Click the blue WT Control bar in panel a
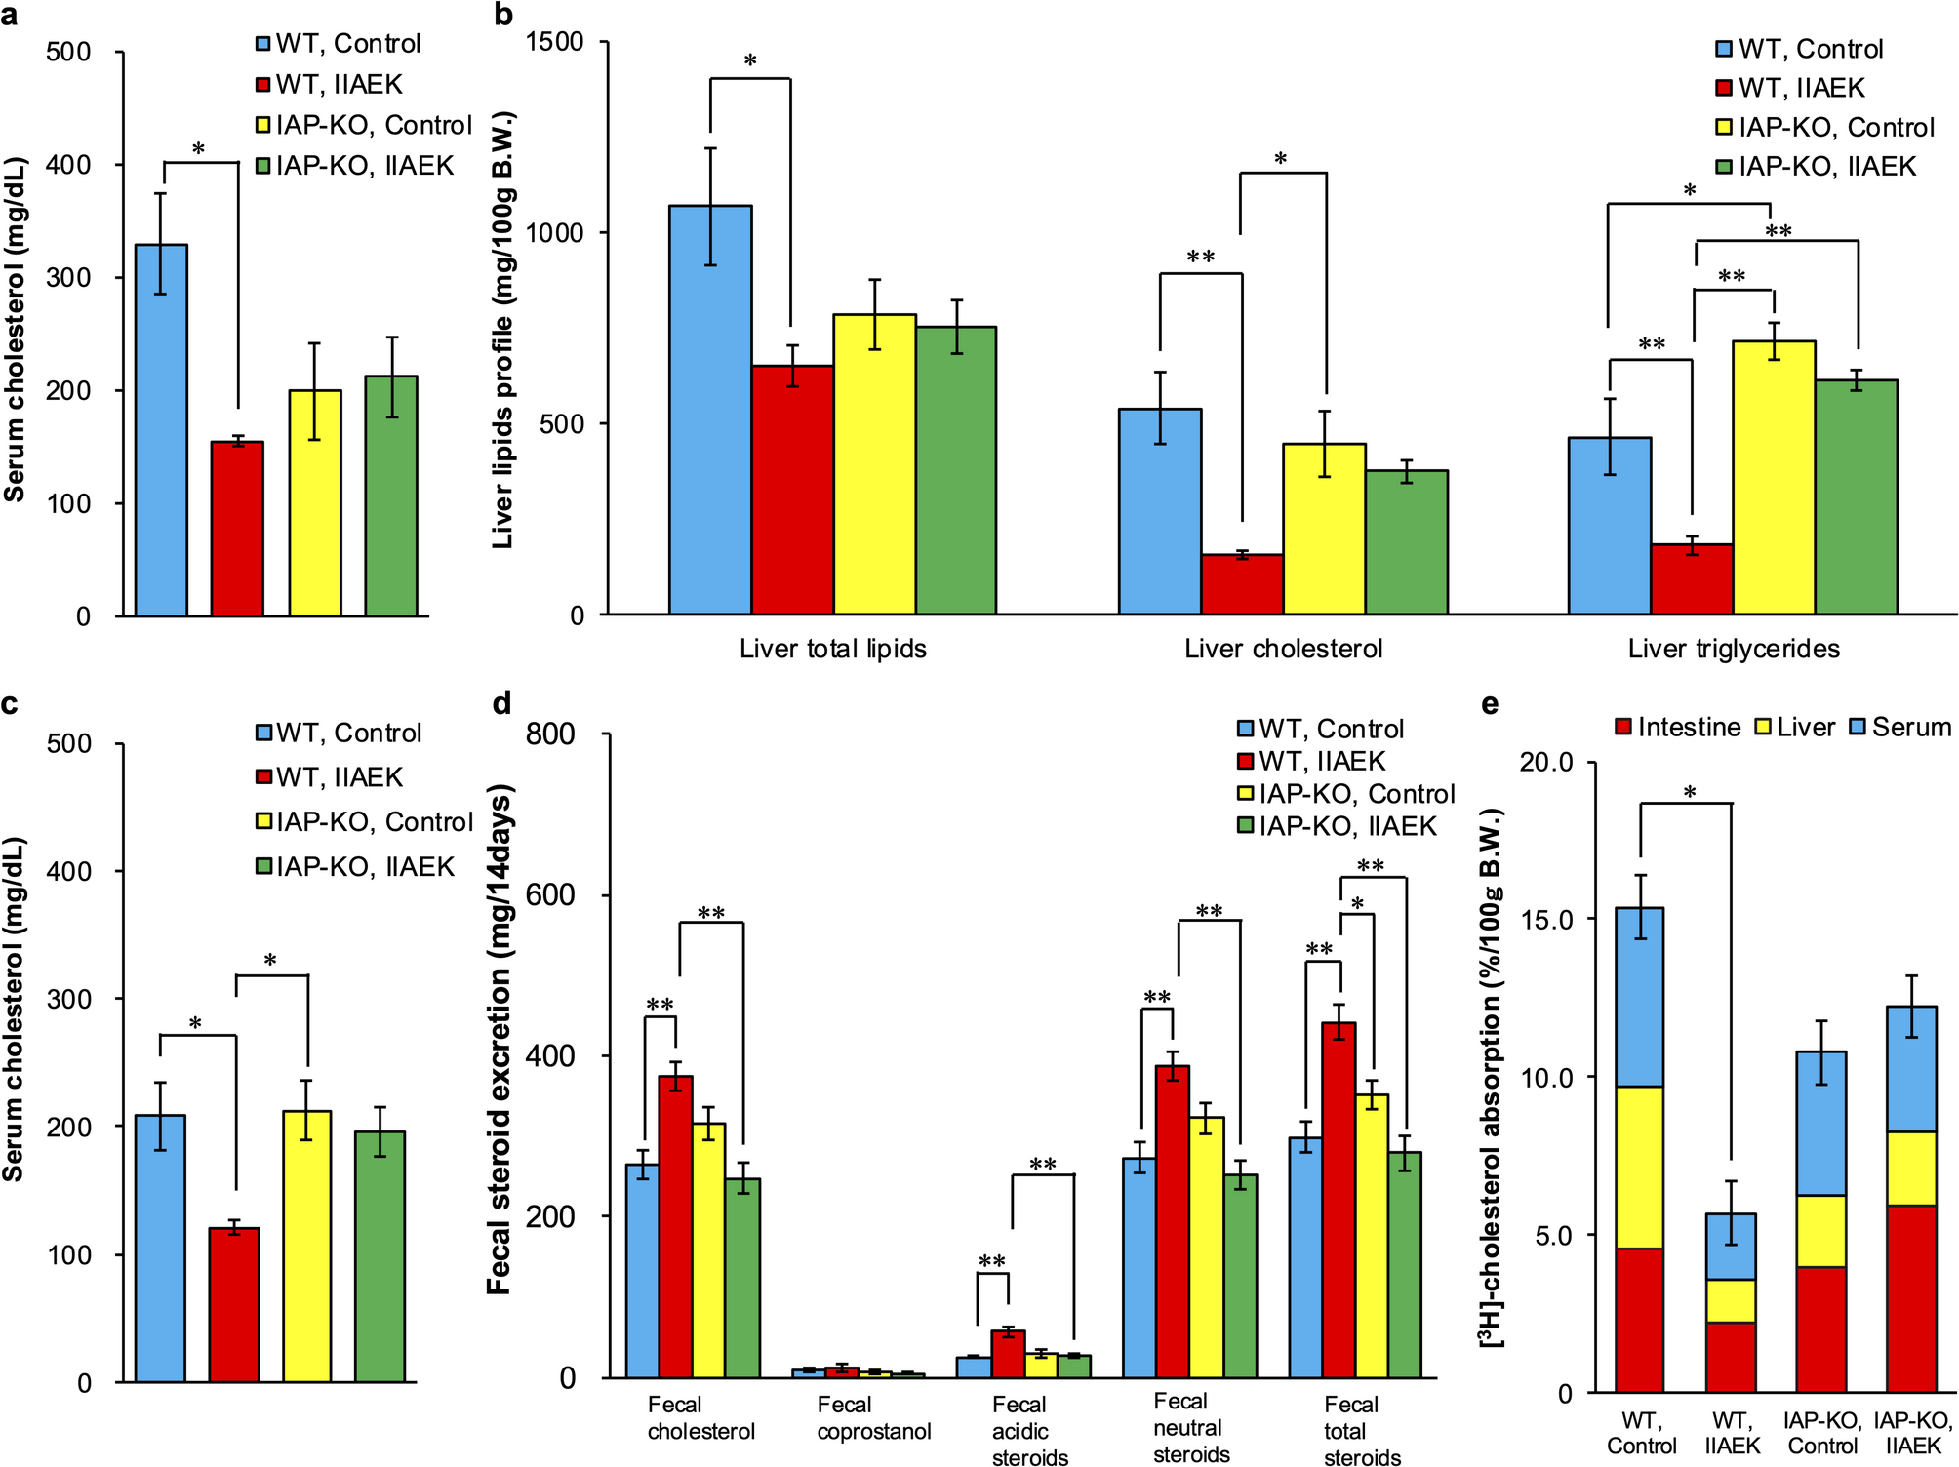coord(161,430)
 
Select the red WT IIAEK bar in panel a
coord(237,529)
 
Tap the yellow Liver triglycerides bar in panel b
coord(1774,478)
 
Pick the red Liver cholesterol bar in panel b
coord(1242,584)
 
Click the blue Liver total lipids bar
coord(710,410)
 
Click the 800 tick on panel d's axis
coord(551,733)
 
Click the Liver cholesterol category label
coord(1283,649)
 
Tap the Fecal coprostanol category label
coord(874,1418)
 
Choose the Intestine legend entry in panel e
coord(1678,727)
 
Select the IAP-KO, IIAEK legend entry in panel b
coord(1817,167)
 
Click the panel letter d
coord(502,702)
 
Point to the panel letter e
coord(1490,704)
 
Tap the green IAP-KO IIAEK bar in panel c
coord(380,1256)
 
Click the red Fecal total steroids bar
coord(1339,1200)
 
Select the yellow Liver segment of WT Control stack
coord(1639,1168)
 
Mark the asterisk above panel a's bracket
coord(199,150)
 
